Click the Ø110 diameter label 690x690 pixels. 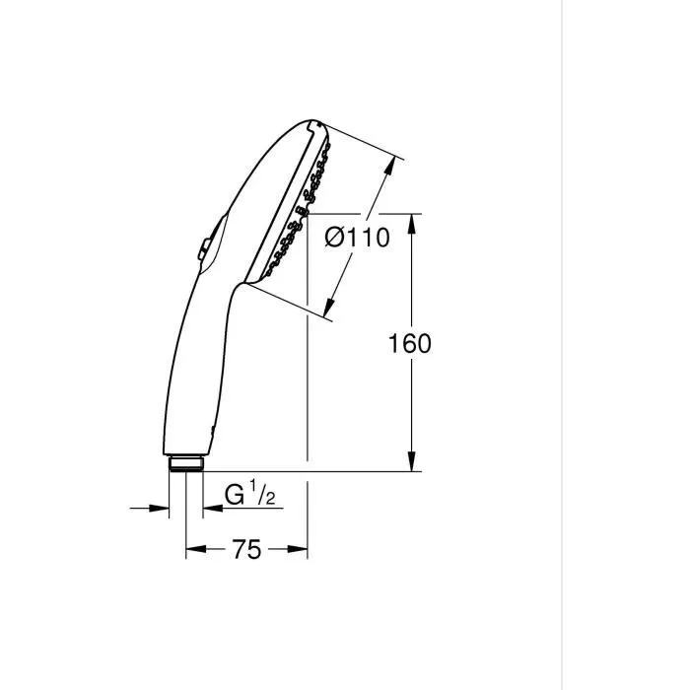pyautogui.click(x=357, y=239)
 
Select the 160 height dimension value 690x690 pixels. pyautogui.click(x=410, y=343)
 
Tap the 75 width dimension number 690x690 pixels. pyautogui.click(x=247, y=549)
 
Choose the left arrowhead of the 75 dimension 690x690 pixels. pyautogui.click(x=193, y=549)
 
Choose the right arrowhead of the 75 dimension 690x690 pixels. pyautogui.click(x=301, y=549)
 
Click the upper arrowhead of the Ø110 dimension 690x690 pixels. pyautogui.click(x=396, y=167)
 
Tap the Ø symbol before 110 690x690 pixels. pyautogui.click(x=334, y=239)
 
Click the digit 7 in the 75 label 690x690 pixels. pyautogui.click(x=240, y=549)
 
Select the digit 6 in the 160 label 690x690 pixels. pyautogui.click(x=410, y=343)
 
